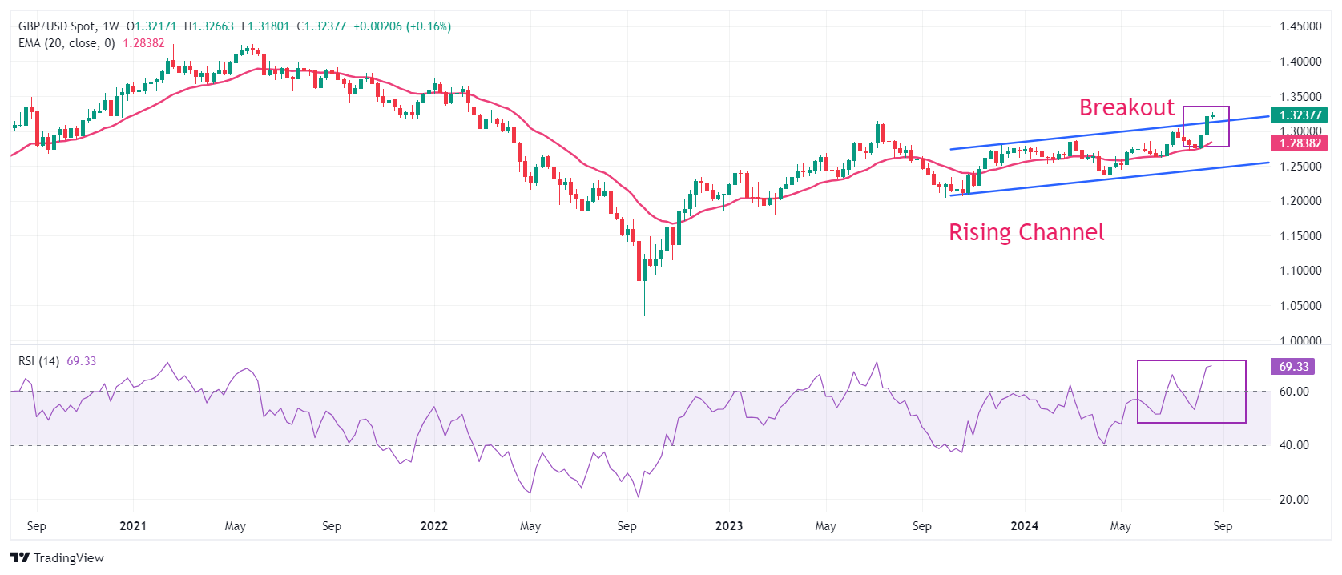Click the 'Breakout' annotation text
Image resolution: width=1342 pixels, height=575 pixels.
(1126, 107)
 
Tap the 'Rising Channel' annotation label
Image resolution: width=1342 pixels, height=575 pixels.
(1026, 232)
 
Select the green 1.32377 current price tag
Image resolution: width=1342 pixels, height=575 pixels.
(1299, 115)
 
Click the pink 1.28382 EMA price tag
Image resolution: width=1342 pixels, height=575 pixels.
(1299, 143)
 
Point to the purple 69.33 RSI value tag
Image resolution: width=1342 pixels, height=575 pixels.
(1293, 367)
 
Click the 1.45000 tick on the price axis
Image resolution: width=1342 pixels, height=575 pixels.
(1300, 26)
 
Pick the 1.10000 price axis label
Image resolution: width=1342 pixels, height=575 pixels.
(1300, 271)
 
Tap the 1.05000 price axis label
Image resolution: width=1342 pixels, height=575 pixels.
(1300, 306)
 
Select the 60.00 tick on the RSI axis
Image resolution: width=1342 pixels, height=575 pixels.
(1294, 392)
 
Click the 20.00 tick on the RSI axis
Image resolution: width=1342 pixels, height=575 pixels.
(1294, 500)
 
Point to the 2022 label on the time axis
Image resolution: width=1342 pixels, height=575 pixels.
(434, 526)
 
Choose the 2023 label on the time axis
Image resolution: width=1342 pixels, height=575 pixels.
(729, 526)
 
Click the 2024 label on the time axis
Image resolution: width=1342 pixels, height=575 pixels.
(1024, 526)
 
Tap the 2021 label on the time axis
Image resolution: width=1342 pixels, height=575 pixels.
(133, 526)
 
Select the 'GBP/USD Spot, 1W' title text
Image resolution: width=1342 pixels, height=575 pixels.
(68, 26)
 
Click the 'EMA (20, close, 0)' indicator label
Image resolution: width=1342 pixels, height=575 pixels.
(66, 43)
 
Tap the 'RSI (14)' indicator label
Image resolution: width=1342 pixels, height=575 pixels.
(38, 361)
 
